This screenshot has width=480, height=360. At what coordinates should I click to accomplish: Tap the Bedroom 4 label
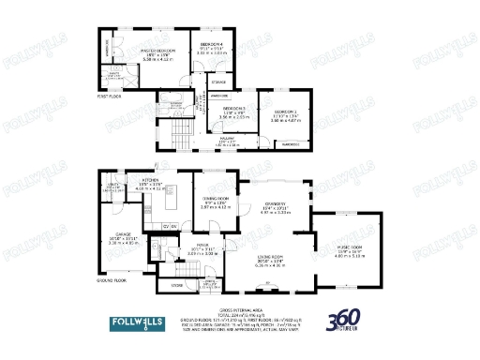coord(211,44)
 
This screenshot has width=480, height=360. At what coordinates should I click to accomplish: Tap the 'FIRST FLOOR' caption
coord(109,96)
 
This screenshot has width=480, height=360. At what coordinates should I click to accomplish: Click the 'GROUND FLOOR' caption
coord(112,280)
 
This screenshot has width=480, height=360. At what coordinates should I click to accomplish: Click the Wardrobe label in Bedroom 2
coord(291,144)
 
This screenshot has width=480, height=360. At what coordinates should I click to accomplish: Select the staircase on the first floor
coord(199,122)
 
